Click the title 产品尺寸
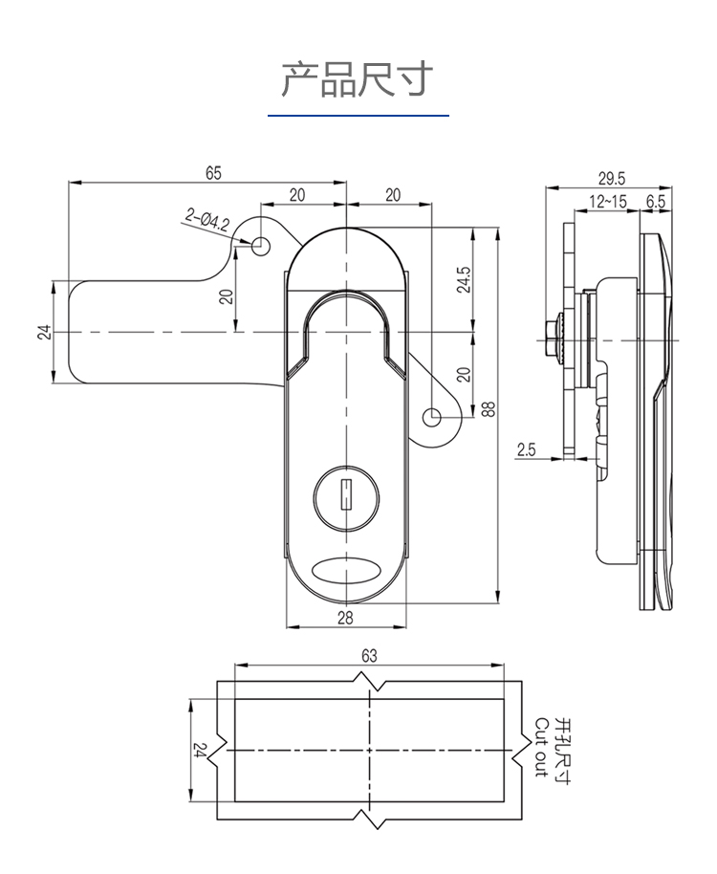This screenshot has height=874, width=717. pos(358,79)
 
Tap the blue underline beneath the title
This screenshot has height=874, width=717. pos(358,116)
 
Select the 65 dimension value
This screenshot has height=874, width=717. pos(212,172)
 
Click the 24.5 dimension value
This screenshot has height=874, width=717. pos(464,280)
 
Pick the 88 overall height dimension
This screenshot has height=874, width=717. pos(489,408)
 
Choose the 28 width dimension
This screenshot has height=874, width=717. pos(345,617)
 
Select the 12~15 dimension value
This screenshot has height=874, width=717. pos(608,201)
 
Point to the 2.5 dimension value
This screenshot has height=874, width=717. pos(526,449)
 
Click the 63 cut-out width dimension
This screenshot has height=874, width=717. pos(369,655)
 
